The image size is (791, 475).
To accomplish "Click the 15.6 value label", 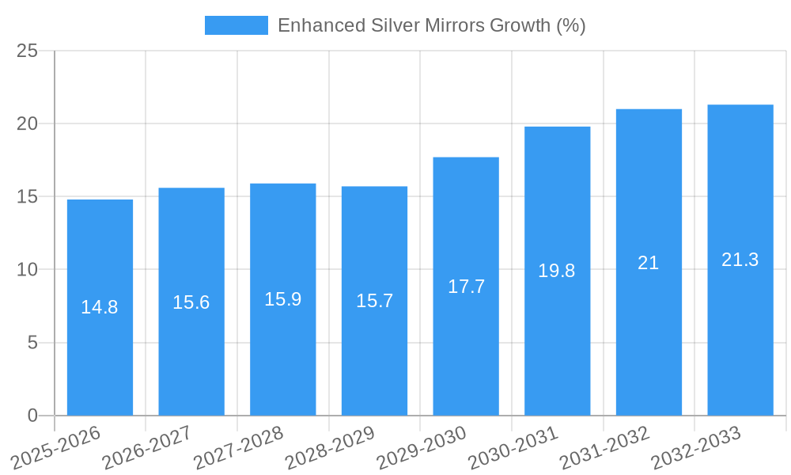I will (x=191, y=302).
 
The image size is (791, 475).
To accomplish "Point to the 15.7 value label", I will (x=374, y=301).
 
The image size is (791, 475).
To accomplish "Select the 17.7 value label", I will (x=466, y=287).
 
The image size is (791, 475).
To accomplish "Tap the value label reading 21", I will (x=649, y=263).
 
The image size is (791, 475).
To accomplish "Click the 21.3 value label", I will (x=740, y=260).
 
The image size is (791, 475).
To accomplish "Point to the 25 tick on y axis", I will (x=28, y=51).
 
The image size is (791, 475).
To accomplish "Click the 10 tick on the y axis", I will (x=28, y=270).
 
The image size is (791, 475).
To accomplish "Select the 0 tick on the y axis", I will (x=32, y=416).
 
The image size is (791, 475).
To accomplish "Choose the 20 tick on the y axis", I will (x=28, y=124).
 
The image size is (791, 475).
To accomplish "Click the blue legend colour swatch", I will (x=236, y=25).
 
